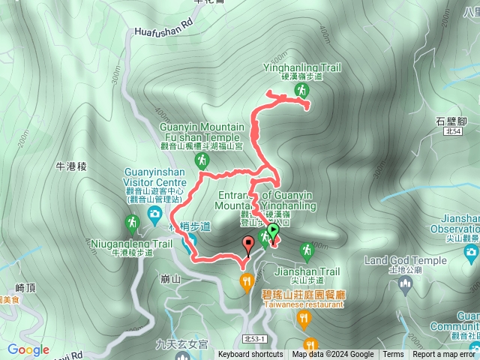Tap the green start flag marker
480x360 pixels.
273,232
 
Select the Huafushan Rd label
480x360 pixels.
160,32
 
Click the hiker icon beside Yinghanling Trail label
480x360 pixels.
301,90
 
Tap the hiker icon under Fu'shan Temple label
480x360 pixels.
202,160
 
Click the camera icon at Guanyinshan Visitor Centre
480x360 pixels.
154,214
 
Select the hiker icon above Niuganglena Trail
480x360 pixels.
131,223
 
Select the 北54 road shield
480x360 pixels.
452,131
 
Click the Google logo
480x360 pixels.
28,349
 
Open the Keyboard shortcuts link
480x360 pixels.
250,355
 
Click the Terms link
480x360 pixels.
393,355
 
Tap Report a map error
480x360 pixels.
445,355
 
